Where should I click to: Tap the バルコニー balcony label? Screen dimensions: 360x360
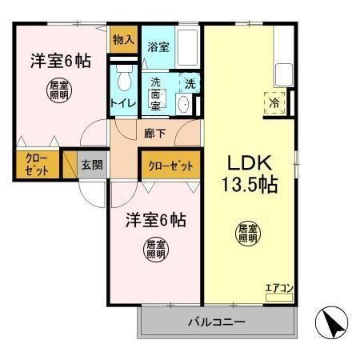pyautogui.click(x=217, y=322)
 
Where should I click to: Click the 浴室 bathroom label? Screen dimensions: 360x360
pyautogui.click(x=158, y=47)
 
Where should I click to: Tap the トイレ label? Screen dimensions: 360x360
pyautogui.click(x=123, y=102)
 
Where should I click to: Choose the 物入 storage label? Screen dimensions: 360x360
pyautogui.click(x=122, y=39)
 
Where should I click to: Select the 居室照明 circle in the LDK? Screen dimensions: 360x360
pyautogui.click(x=247, y=234)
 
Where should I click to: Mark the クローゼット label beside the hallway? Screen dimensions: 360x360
pyautogui.click(x=170, y=166)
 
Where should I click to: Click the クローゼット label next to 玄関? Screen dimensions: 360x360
pyautogui.click(x=35, y=164)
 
